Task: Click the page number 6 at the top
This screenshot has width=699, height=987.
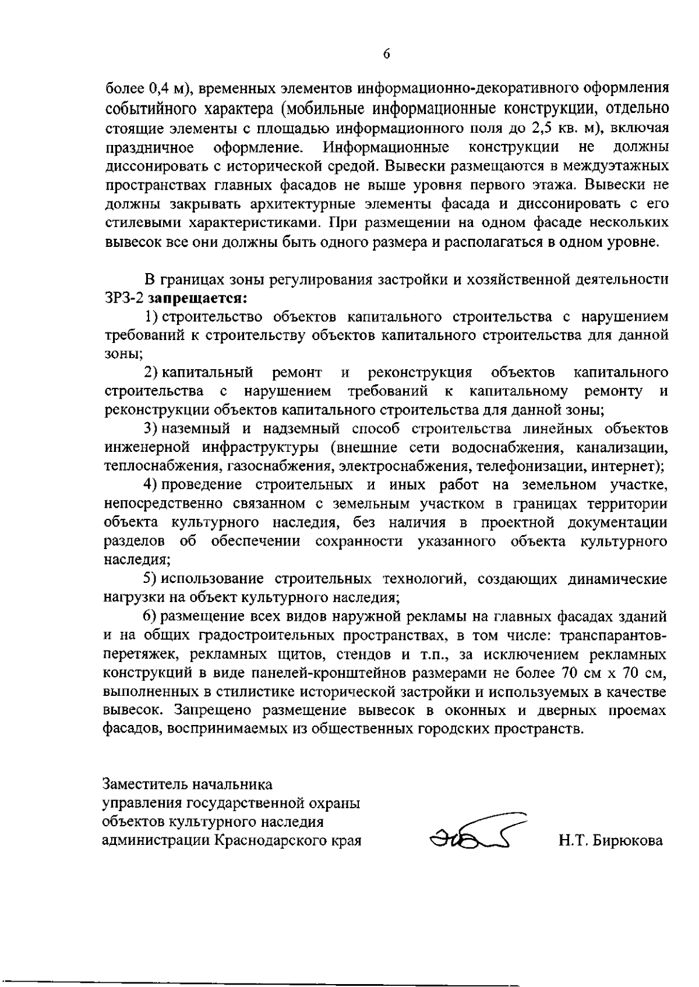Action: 386,54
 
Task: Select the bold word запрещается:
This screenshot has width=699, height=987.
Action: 199,298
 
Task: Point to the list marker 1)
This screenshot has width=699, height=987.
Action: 151,317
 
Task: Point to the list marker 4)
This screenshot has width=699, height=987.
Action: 151,484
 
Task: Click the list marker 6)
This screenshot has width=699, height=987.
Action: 151,616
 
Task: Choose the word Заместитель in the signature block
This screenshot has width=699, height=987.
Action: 143,784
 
